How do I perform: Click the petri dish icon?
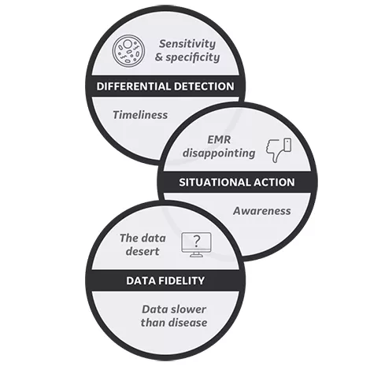click(x=128, y=50)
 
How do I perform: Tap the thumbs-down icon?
click(x=279, y=150)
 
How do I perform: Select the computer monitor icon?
click(x=196, y=245)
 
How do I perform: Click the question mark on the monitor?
click(x=197, y=242)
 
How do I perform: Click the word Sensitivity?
click(x=187, y=44)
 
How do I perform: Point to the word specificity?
click(x=193, y=57)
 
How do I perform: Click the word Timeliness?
click(x=140, y=115)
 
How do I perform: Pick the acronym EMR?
click(x=219, y=139)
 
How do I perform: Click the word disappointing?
click(x=219, y=153)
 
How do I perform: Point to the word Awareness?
click(x=262, y=211)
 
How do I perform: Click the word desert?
click(x=142, y=251)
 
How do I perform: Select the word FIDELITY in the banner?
click(x=181, y=281)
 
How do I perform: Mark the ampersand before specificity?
click(x=159, y=57)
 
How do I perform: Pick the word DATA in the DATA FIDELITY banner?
click(x=141, y=281)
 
